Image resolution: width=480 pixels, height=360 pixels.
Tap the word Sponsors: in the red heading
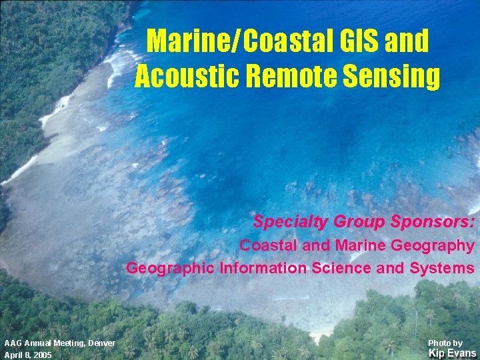tap(436, 222)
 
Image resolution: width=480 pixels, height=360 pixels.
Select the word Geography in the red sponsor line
tap(433, 245)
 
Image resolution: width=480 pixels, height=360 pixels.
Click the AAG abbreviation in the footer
tap(12, 343)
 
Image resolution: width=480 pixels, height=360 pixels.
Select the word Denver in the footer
tap(101, 343)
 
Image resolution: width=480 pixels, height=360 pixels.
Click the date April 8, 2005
tap(27, 355)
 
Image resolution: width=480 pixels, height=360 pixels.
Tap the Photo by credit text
tap(445, 343)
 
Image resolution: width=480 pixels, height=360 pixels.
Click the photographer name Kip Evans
tap(452, 353)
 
